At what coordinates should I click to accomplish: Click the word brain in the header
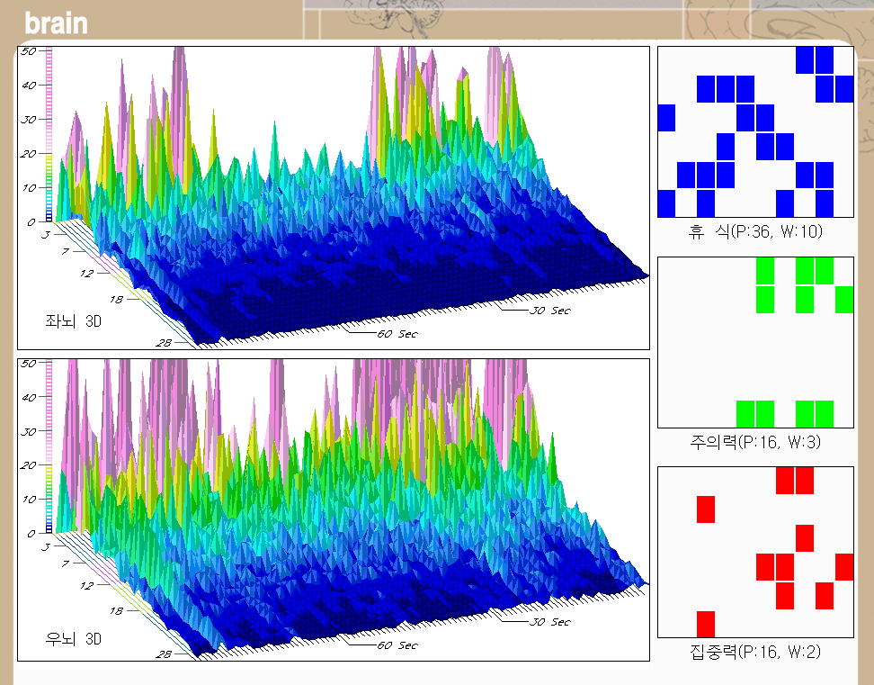tap(56, 23)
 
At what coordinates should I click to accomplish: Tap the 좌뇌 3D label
tap(73, 320)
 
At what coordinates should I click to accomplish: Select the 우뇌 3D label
tap(73, 639)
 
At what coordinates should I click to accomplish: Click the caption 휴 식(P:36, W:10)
tap(755, 232)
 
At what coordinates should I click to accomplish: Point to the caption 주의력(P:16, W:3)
tap(755, 441)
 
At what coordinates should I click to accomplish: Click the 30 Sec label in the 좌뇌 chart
tap(549, 311)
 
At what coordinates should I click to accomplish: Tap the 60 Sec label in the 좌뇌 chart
tap(397, 333)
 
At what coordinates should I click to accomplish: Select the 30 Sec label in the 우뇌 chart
tap(549, 622)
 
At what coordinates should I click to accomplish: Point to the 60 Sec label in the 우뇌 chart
tap(397, 644)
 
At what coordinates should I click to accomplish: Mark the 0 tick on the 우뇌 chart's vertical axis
tap(31, 533)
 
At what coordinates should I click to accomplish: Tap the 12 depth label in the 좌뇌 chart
tap(86, 273)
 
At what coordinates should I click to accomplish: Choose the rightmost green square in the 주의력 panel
tap(844, 299)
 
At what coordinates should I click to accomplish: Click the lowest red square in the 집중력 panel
tap(706, 623)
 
